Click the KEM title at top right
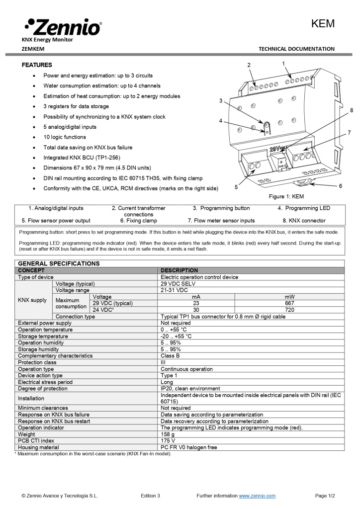pyautogui.click(x=323, y=24)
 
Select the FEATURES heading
pyautogui.click(x=37, y=65)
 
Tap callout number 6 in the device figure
pyautogui.click(x=341, y=185)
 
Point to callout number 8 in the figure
pyautogui.click(x=351, y=110)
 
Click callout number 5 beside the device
pyautogui.click(x=236, y=187)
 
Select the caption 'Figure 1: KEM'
pyautogui.click(x=286, y=197)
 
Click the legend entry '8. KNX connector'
pyautogui.click(x=304, y=220)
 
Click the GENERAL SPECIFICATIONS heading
pyautogui.click(x=59, y=263)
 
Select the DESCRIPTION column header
pyautogui.click(x=179, y=270)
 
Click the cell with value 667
pyautogui.click(x=289, y=303)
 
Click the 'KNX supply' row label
pyautogui.click(x=32, y=300)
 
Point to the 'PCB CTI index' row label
pyautogui.click(x=36, y=440)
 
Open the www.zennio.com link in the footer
pyautogui.click(x=257, y=496)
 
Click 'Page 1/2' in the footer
pyautogui.click(x=325, y=496)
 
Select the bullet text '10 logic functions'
pyautogui.click(x=65, y=137)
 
